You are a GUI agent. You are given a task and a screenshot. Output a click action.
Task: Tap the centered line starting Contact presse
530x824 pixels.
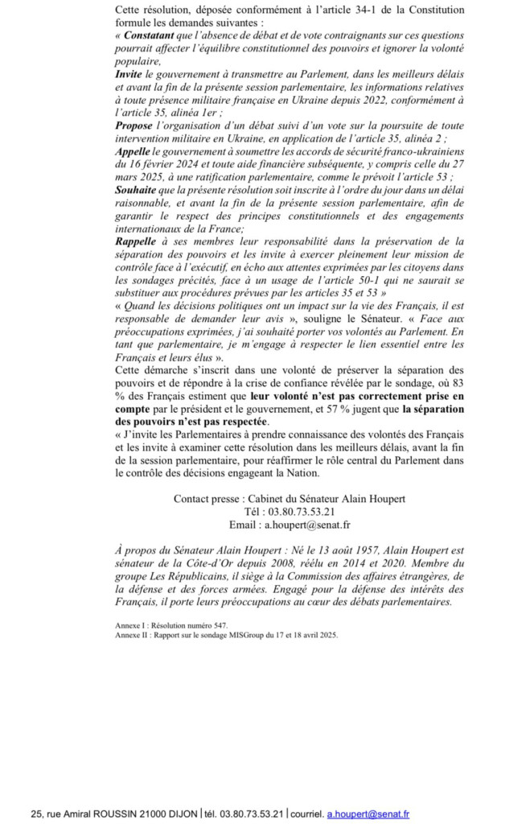click(x=289, y=499)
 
